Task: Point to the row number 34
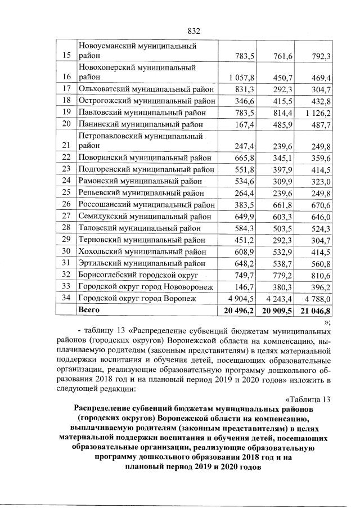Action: [x=66, y=298]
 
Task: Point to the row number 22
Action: [x=66, y=157]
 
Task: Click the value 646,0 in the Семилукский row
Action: [x=318, y=215]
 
